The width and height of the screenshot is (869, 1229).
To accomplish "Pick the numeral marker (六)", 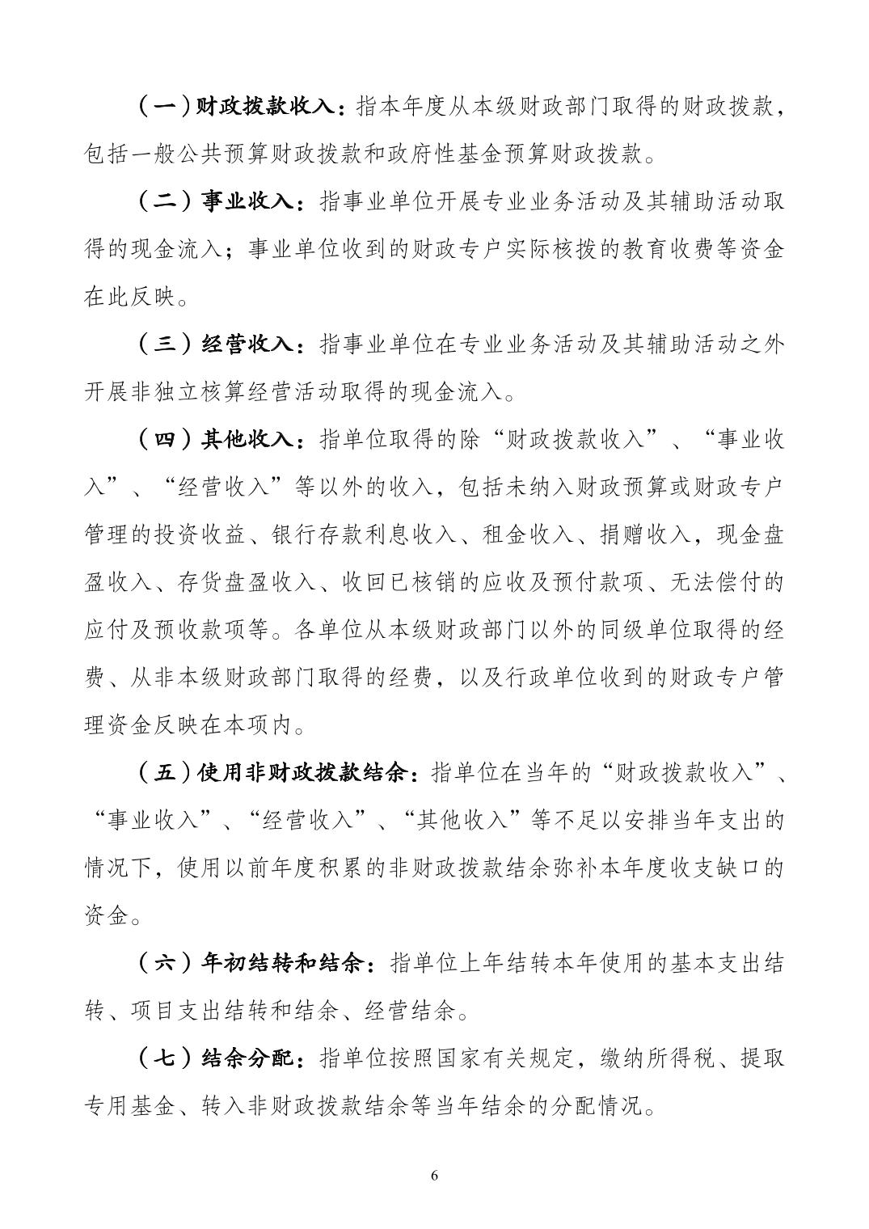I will (162, 963).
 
